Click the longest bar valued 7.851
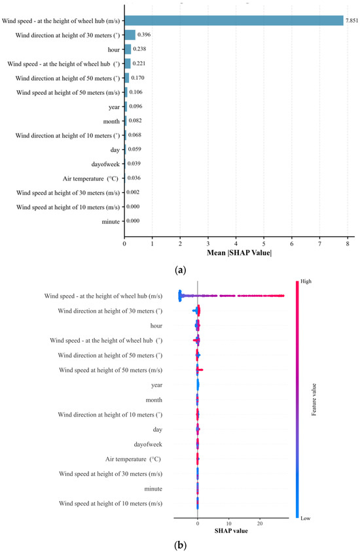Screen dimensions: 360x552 pyautogui.click(x=234, y=21)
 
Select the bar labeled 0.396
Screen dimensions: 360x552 pyautogui.click(x=130, y=35)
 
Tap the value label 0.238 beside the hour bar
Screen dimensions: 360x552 pyautogui.click(x=139, y=49)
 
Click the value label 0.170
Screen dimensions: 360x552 pyautogui.click(x=137, y=78)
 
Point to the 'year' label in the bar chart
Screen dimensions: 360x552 pyautogui.click(x=114, y=107)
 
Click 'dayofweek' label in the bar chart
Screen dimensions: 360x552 pyautogui.click(x=105, y=164)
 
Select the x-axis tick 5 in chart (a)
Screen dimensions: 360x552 pyautogui.click(x=264, y=243)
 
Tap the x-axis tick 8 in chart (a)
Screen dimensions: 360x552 pyautogui.click(x=348, y=243)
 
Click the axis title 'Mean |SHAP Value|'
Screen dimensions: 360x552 pyautogui.click(x=239, y=252)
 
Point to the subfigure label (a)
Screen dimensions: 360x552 pyautogui.click(x=180, y=270)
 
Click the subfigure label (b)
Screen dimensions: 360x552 pyautogui.click(x=180, y=545)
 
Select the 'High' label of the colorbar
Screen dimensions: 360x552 pyautogui.click(x=306, y=281)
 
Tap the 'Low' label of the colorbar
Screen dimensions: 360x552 pyautogui.click(x=305, y=518)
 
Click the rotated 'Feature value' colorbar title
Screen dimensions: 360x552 pyautogui.click(x=314, y=400)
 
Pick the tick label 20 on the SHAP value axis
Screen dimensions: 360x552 pyautogui.click(x=260, y=523)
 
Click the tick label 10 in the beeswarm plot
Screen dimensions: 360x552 pyautogui.click(x=229, y=523)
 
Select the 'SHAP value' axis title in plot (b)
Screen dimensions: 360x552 pyautogui.click(x=231, y=530)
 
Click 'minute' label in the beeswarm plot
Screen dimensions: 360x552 pyautogui.click(x=153, y=489)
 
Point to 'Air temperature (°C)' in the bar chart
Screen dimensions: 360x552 pyautogui.click(x=90, y=179)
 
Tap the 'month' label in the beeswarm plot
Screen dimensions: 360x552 pyautogui.click(x=154, y=400)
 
